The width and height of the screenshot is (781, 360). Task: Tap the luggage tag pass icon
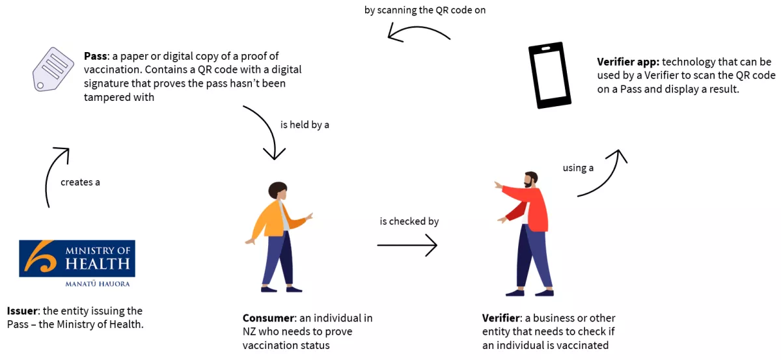click(x=53, y=70)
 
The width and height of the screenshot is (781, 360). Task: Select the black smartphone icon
click(x=549, y=75)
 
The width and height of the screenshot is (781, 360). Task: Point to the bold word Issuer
click(x=23, y=311)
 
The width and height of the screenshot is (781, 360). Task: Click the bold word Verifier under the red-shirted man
click(x=502, y=318)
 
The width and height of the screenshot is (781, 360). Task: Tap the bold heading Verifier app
click(x=628, y=62)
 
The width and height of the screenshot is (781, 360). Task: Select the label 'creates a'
click(x=80, y=182)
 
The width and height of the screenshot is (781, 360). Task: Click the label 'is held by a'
click(x=305, y=125)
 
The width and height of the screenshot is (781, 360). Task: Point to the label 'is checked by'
click(x=409, y=221)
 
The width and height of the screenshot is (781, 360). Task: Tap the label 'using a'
click(x=578, y=168)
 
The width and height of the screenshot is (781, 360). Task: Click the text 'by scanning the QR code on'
click(x=425, y=10)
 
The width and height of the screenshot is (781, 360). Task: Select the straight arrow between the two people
click(x=407, y=245)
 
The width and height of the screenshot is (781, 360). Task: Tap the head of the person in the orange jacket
click(x=278, y=191)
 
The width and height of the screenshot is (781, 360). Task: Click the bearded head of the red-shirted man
click(x=531, y=179)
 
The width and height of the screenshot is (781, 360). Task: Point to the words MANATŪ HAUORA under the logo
click(x=98, y=284)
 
